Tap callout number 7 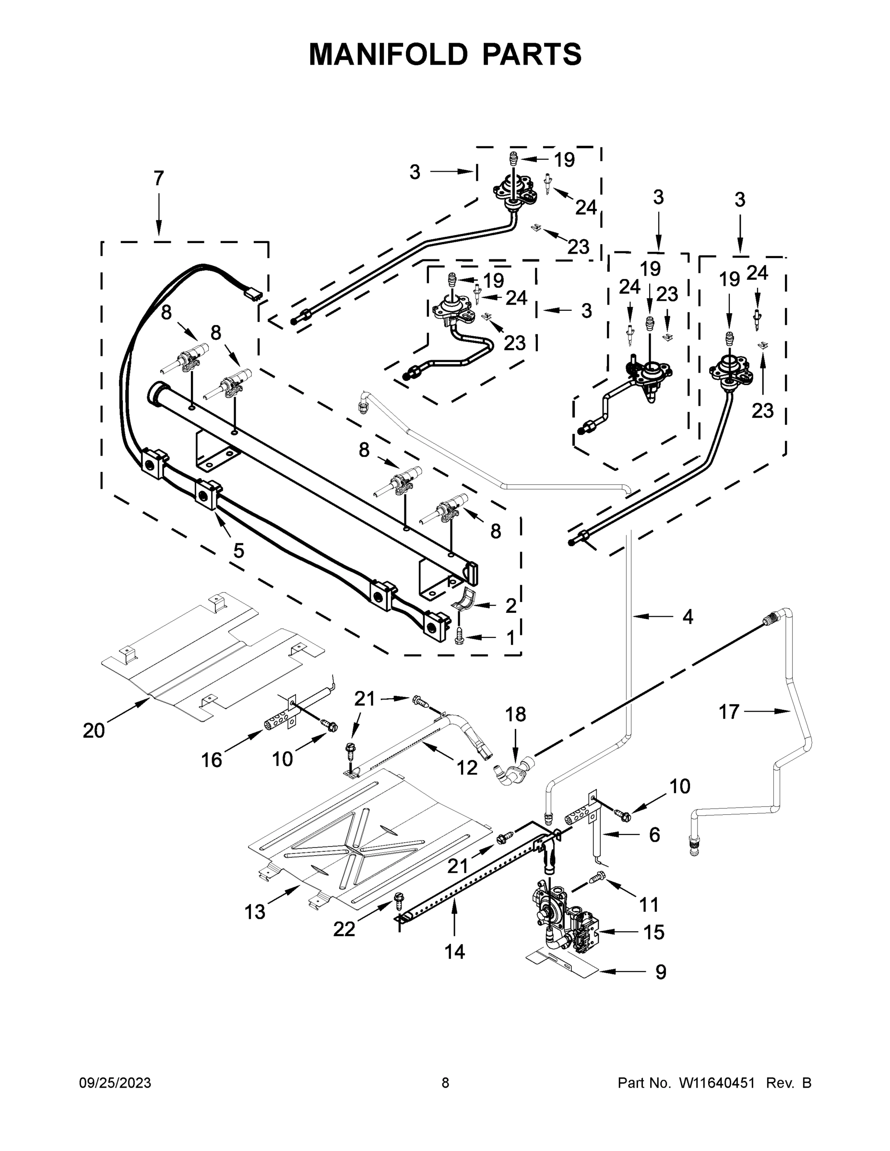pyautogui.click(x=159, y=179)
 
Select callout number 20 pyautogui.click(x=94, y=730)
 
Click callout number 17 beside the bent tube pyautogui.click(x=729, y=712)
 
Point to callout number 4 pyautogui.click(x=688, y=617)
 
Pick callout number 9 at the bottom pyautogui.click(x=661, y=972)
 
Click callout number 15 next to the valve pyautogui.click(x=654, y=932)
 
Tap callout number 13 pyautogui.click(x=255, y=911)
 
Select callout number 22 pyautogui.click(x=344, y=929)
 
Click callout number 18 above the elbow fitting pyautogui.click(x=515, y=715)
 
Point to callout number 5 pyautogui.click(x=239, y=551)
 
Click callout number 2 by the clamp pyautogui.click(x=510, y=606)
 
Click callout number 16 pyautogui.click(x=212, y=760)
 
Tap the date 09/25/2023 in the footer pyautogui.click(x=115, y=1082)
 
